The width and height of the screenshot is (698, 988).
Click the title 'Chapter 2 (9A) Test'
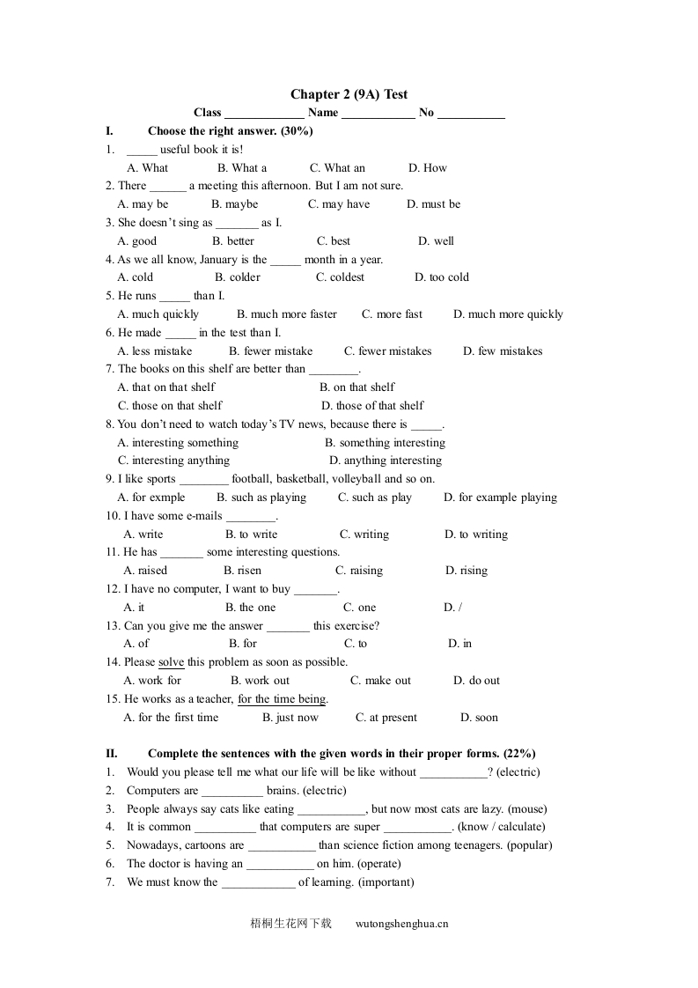point(349,94)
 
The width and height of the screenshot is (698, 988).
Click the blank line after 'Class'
point(264,114)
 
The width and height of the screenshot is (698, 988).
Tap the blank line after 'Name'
point(378,114)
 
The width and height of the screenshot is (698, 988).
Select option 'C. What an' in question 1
point(337,167)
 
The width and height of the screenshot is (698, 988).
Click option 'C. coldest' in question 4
point(340,277)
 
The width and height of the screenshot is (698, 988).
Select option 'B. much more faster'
point(287,314)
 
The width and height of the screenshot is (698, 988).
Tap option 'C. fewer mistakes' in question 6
point(388,350)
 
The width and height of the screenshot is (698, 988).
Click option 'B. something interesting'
point(385,443)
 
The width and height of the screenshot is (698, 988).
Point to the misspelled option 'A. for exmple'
point(151,498)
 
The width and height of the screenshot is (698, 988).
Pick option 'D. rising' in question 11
point(467,571)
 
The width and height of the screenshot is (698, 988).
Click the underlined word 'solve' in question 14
point(171,662)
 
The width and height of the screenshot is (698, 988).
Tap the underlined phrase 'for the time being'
point(282,699)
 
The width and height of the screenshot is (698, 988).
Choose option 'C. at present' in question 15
point(386,718)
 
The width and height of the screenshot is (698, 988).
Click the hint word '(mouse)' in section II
point(527,808)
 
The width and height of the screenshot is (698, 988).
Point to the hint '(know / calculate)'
point(502,827)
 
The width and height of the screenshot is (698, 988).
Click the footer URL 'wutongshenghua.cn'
point(401,924)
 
